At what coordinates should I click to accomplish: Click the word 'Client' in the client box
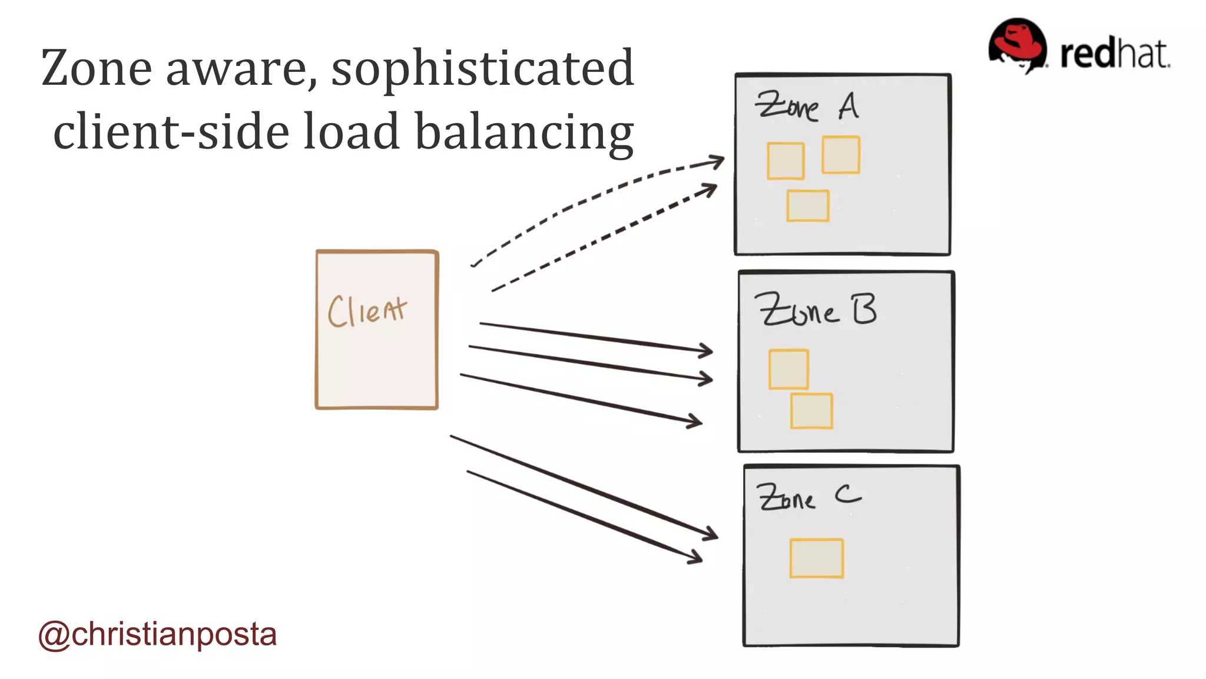367,311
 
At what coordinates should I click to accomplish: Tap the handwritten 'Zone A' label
807,107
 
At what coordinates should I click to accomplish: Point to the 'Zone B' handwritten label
816,309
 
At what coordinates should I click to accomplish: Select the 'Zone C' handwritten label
809,496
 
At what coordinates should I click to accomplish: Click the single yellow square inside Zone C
816,558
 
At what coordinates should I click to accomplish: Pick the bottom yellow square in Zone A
808,206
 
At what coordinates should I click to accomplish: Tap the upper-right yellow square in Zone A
841,155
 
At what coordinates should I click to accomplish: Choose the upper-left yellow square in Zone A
786,160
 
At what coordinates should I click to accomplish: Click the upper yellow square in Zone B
788,370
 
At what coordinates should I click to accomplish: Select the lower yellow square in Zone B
811,411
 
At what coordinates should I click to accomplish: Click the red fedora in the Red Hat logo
1017,44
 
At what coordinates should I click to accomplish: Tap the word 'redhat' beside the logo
1115,54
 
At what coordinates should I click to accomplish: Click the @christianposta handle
157,635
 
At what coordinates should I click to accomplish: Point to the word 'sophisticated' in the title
482,68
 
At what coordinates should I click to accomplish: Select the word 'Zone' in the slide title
96,68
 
